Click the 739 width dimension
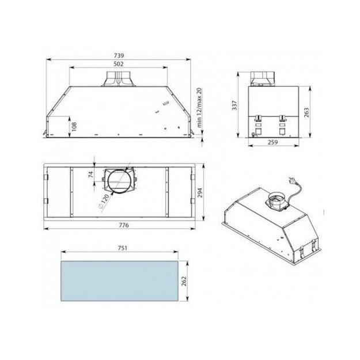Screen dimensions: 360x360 click(119, 55)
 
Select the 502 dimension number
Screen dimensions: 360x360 click(119, 64)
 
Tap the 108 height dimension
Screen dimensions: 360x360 click(74, 127)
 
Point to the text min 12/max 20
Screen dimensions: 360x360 click(199, 108)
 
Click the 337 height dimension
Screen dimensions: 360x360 click(234, 105)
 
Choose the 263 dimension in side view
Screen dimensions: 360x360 click(306, 112)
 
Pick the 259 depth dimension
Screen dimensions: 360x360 click(273, 142)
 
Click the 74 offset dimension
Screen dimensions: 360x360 click(91, 175)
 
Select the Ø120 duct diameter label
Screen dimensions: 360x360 click(104, 202)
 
